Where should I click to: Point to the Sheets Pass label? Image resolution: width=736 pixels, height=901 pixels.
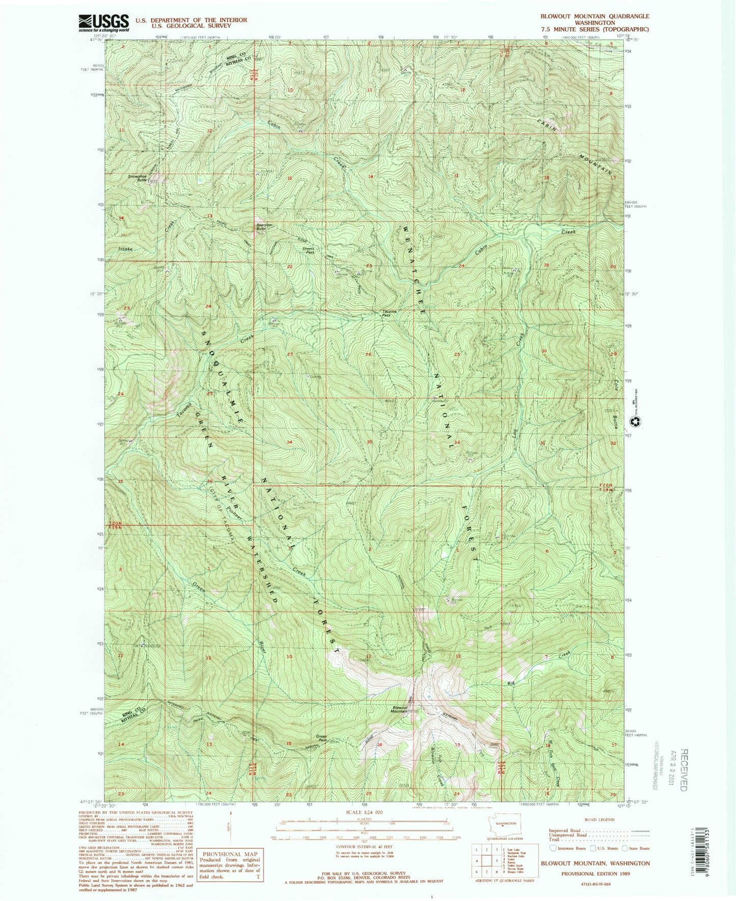coord(309,251)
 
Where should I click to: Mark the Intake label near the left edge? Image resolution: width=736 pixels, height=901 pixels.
coord(125,249)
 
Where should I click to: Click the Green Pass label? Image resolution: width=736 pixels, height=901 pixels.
coord(321,737)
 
